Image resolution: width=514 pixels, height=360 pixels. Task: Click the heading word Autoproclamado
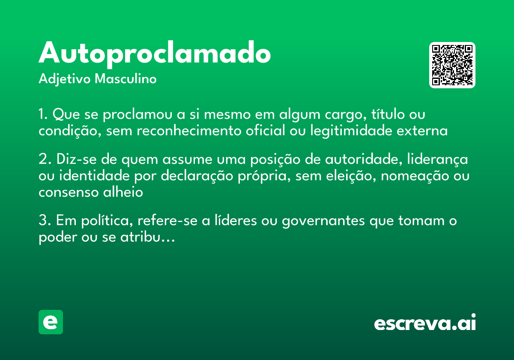tap(155, 54)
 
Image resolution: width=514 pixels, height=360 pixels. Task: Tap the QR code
tap(452, 65)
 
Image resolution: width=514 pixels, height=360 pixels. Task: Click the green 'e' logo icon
tap(51, 322)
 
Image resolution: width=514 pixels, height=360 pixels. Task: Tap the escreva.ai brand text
tap(425, 323)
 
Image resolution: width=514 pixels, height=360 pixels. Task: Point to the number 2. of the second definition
tap(44, 160)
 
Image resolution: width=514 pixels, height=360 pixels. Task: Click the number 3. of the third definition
tap(44, 221)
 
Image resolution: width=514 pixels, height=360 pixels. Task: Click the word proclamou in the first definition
tap(137, 115)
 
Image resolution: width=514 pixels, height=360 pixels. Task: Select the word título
tap(381, 115)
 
